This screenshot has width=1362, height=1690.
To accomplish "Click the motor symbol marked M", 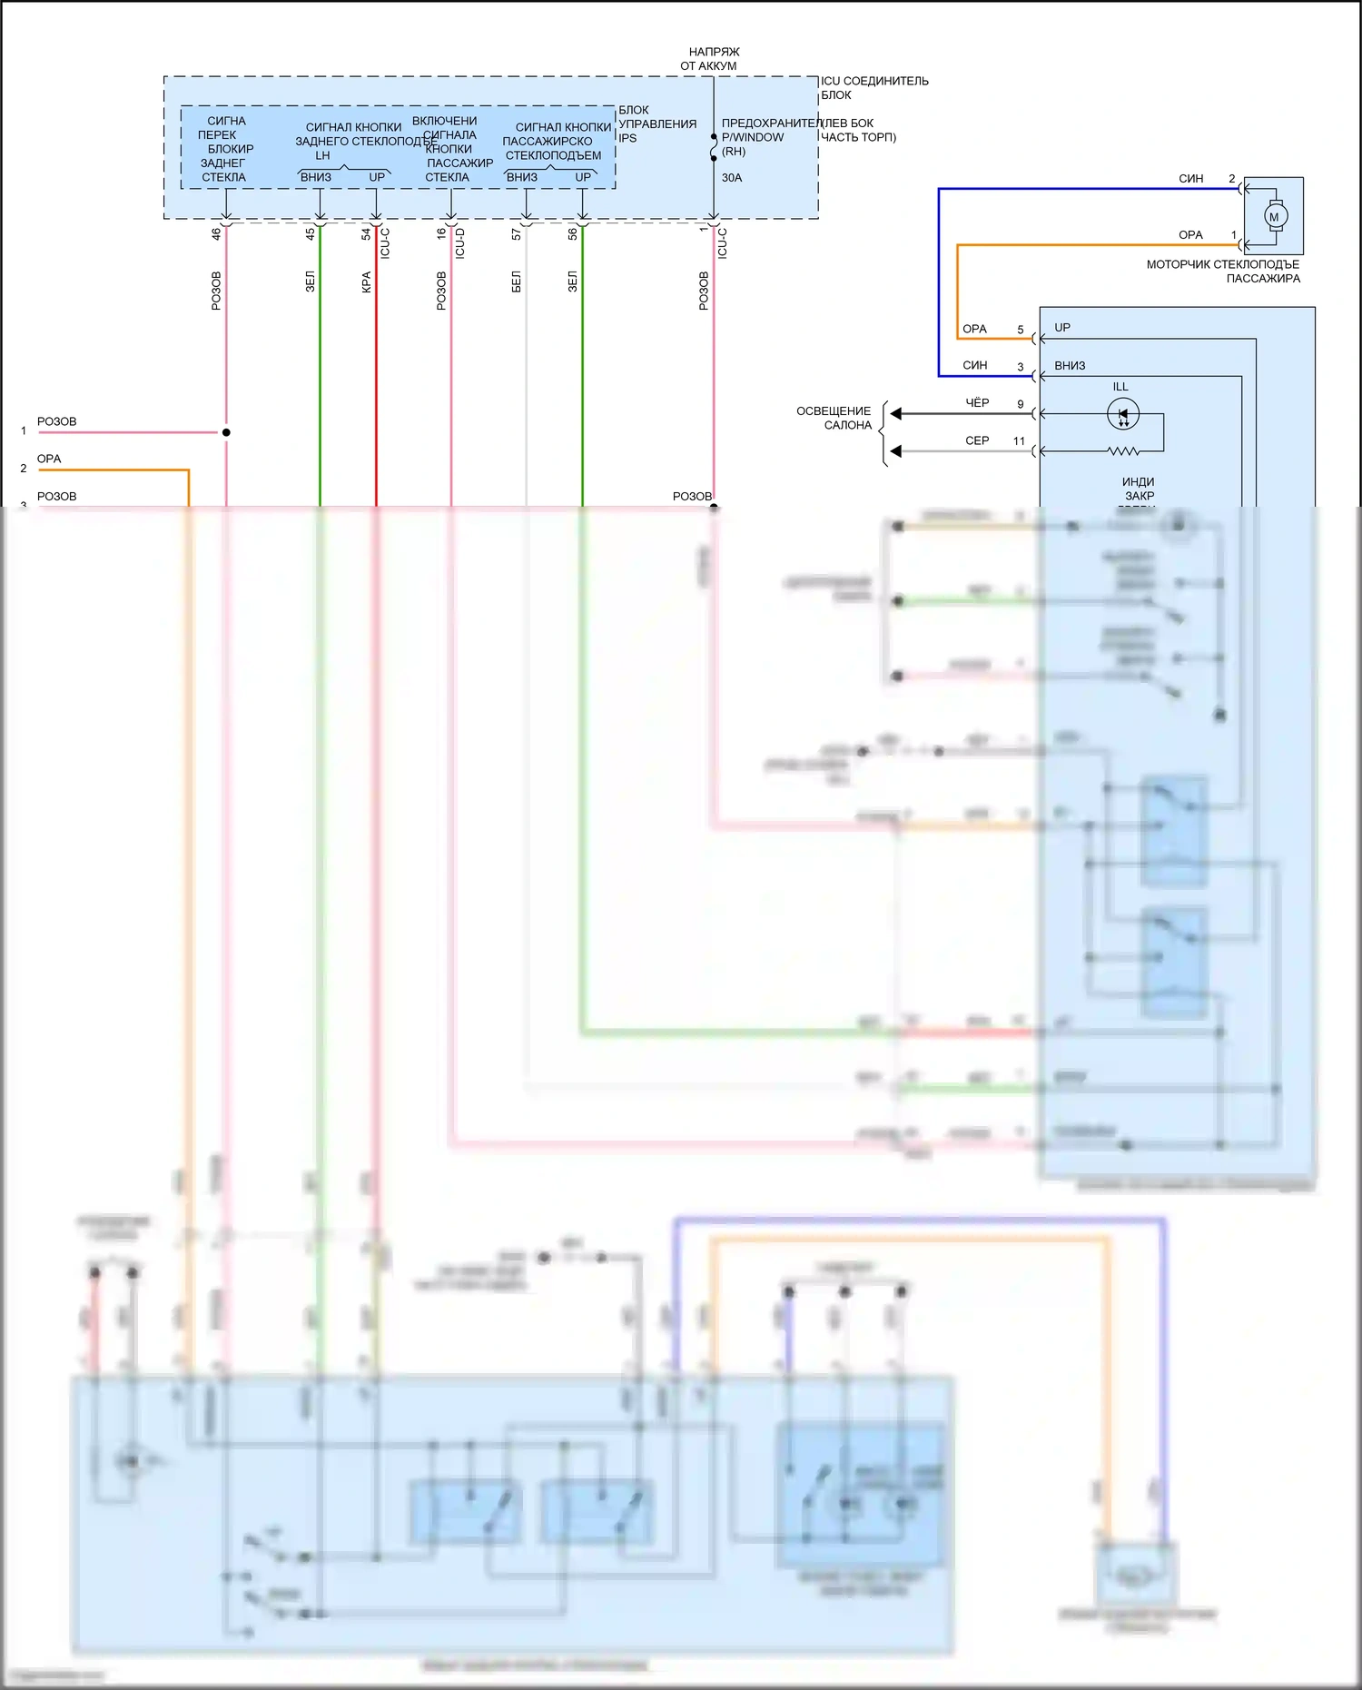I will [1274, 216].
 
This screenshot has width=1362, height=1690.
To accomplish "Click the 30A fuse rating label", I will [732, 178].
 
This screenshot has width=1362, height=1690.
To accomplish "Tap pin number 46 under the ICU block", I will [216, 233].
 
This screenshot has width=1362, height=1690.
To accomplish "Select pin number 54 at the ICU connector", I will [366, 233].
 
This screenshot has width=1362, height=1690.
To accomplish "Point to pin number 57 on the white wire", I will [516, 234].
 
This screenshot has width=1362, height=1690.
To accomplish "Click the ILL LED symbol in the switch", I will [1123, 414].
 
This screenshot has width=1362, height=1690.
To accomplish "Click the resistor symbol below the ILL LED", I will [1123, 451].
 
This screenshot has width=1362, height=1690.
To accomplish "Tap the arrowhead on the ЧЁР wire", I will [895, 414].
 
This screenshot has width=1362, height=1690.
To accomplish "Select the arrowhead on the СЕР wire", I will [895, 451].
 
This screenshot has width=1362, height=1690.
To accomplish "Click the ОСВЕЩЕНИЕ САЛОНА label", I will [834, 418].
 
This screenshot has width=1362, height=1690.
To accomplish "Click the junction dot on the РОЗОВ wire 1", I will [226, 432].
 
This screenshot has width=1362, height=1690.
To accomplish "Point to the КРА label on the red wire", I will [366, 282].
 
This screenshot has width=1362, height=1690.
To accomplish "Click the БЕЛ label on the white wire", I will [516, 282].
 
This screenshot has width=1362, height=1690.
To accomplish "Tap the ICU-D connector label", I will [460, 243].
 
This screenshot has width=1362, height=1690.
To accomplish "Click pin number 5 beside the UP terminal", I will [1020, 330].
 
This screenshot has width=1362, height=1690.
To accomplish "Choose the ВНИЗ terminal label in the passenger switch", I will [1070, 366].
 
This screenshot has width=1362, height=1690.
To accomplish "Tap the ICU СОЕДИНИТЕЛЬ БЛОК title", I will [873, 87].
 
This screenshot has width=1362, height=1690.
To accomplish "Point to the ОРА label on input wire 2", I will [49, 459].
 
